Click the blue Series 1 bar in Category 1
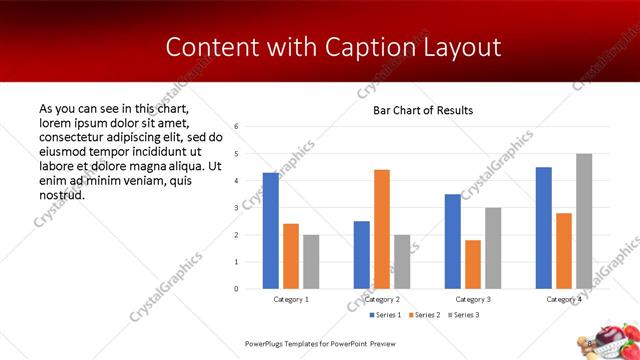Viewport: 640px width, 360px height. pyautogui.click(x=270, y=231)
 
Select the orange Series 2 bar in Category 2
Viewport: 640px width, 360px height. pyautogui.click(x=381, y=229)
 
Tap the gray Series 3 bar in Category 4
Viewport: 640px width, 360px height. pyautogui.click(x=583, y=221)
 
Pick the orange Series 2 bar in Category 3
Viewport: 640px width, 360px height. pyautogui.click(x=472, y=264)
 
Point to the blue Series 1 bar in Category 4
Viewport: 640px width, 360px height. pyautogui.click(x=543, y=228)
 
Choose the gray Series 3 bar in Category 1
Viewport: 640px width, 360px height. pyautogui.click(x=310, y=262)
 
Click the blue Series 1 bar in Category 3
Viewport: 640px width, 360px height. pyautogui.click(x=452, y=241)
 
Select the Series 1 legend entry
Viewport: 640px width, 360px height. pyautogui.click(x=358, y=315)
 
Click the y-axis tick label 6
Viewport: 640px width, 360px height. pyautogui.click(x=236, y=127)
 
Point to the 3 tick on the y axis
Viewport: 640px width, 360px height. pyautogui.click(x=236, y=208)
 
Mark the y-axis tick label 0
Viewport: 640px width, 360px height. pyautogui.click(x=236, y=289)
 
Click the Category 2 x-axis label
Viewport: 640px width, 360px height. pyautogui.click(x=381, y=299)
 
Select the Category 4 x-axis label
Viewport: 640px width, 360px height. pyautogui.click(x=563, y=299)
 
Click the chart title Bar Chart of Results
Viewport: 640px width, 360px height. pyautogui.click(x=423, y=110)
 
